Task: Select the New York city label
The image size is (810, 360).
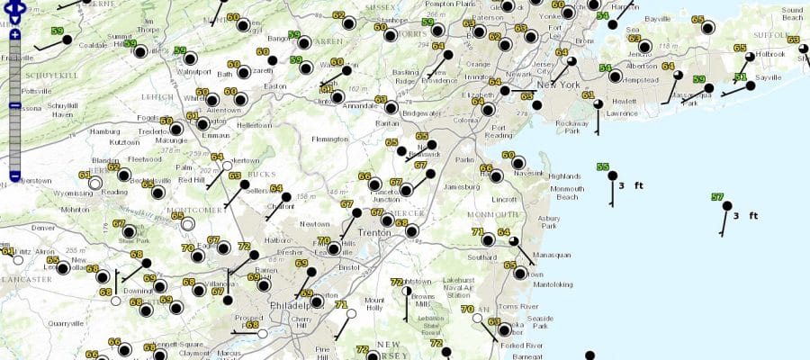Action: pyautogui.click(x=554, y=85)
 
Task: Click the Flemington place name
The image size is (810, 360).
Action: pyautogui.click(x=329, y=139)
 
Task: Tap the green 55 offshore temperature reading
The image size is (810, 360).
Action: pyautogui.click(x=602, y=166)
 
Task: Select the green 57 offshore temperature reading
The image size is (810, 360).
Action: pyautogui.click(x=717, y=197)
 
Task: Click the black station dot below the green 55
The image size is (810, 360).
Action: pyautogui.click(x=613, y=175)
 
